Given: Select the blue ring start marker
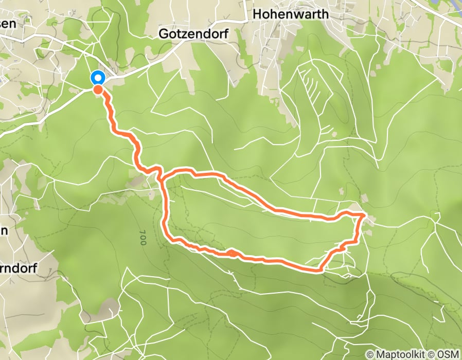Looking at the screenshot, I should point(98,78).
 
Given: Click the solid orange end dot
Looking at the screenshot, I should point(97,89).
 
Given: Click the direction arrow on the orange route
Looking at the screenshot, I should point(232,253).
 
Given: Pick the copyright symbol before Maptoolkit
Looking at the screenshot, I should point(369,355).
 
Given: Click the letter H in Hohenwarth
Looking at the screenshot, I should point(257,14).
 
